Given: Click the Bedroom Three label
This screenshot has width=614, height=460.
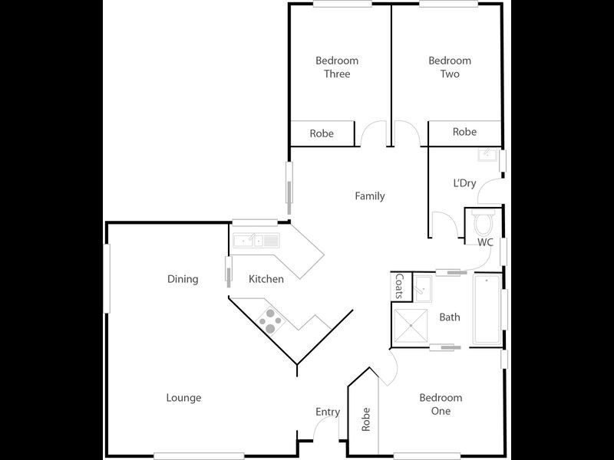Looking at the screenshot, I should [x=337, y=67].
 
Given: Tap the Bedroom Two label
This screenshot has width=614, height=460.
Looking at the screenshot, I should [x=450, y=67].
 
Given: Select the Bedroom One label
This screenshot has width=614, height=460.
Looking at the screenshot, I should [x=441, y=404].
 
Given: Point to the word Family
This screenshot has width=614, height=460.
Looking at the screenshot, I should [x=369, y=196].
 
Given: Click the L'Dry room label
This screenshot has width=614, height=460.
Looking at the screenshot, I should [x=464, y=183].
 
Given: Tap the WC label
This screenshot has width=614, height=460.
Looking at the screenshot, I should [x=485, y=242].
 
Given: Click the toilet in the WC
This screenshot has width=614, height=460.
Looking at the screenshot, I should [x=484, y=223].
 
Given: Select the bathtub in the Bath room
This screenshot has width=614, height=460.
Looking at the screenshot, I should [x=486, y=309].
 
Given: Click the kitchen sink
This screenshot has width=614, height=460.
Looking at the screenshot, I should [x=257, y=241].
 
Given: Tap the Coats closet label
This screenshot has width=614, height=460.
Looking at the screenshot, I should [x=399, y=287].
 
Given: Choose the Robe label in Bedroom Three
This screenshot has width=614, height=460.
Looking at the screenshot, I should [x=322, y=133].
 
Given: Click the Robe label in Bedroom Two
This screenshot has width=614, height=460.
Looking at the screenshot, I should [x=464, y=132].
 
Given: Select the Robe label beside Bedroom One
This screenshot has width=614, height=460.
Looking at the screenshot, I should [x=366, y=419].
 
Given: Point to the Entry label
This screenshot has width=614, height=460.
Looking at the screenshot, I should [x=328, y=412].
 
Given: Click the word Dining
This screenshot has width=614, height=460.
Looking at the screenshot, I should [x=183, y=279].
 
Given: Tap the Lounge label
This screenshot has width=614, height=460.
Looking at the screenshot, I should [x=184, y=398].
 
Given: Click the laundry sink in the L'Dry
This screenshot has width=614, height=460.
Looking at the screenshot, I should [x=487, y=156].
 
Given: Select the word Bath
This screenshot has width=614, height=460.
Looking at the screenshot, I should [x=450, y=317].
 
